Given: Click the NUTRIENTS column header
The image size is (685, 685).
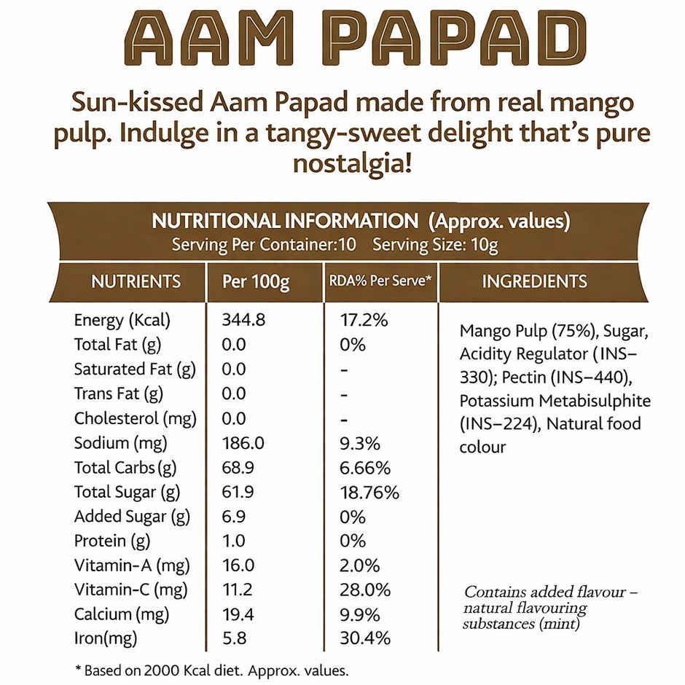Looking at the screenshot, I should click(x=136, y=281).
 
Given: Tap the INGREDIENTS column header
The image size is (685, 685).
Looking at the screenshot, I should click(x=534, y=281).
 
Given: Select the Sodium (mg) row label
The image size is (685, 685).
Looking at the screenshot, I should click(x=121, y=443).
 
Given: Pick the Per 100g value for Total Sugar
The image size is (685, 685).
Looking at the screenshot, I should click(x=238, y=492).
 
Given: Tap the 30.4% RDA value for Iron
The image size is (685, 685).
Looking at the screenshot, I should click(x=365, y=639).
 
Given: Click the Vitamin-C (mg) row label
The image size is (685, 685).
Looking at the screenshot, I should click(x=130, y=590).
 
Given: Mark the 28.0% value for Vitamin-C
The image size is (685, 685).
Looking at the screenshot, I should click(x=365, y=590).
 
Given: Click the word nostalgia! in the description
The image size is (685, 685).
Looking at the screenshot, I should click(x=352, y=163).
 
